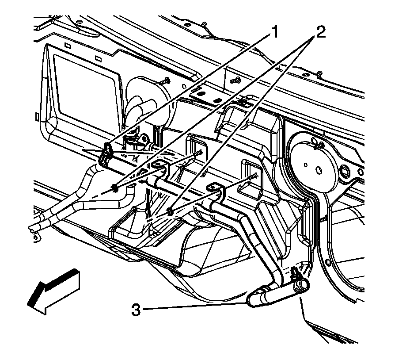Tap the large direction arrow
pos(53,293)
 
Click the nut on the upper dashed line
pos(114,188)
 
